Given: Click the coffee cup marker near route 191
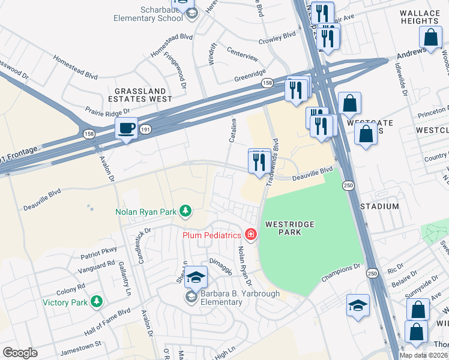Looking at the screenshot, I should point(127,128).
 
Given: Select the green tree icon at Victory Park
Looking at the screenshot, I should point(97,302).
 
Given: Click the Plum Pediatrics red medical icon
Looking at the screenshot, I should point(250,235).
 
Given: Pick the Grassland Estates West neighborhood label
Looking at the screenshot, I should point(140,94).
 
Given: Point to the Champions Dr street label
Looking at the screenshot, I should point(340,271).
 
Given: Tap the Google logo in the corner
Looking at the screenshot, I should point(20,353).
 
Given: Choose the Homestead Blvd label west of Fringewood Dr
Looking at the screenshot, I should point(75,67).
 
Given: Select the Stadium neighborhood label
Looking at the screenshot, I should point(379,206).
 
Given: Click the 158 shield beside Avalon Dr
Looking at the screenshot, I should point(89,133).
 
